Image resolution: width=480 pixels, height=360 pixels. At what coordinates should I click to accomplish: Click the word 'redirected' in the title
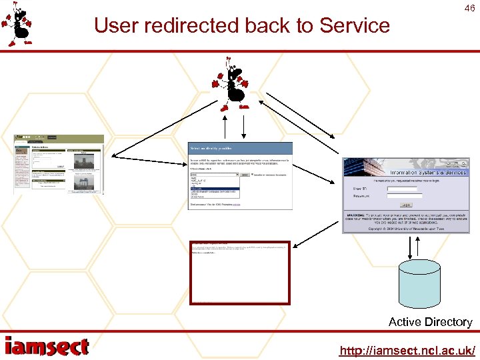coord(190,26)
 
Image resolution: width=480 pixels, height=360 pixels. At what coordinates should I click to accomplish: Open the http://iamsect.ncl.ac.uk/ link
coord(407,350)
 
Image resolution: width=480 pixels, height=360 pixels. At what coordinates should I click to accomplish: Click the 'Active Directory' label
coord(430,322)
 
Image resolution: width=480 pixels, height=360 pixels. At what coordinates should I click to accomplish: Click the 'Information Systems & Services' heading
coord(424,173)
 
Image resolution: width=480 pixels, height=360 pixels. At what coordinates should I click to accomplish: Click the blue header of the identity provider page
coord(240,147)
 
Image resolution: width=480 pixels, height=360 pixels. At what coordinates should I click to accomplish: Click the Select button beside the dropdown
coord(245,175)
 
